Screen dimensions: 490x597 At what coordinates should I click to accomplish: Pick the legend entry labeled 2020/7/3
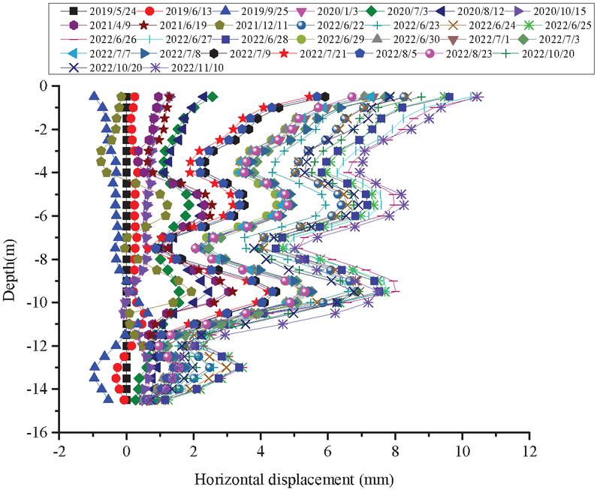click(402, 11)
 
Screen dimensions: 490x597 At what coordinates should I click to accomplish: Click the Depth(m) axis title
click(11, 259)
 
